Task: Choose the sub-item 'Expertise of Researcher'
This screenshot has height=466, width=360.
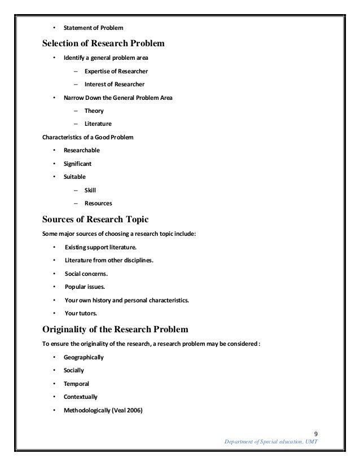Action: (117, 71)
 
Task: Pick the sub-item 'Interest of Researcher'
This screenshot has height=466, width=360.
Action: (115, 85)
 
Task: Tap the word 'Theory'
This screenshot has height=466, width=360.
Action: (94, 111)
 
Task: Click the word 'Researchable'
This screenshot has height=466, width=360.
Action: (82, 151)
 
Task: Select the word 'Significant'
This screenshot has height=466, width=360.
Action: (78, 164)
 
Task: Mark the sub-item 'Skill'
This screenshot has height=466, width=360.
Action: (90, 191)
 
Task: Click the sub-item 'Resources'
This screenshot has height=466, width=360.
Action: (99, 204)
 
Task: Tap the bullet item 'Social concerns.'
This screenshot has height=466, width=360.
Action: (87, 274)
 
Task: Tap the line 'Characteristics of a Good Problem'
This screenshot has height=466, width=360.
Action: (89, 137)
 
